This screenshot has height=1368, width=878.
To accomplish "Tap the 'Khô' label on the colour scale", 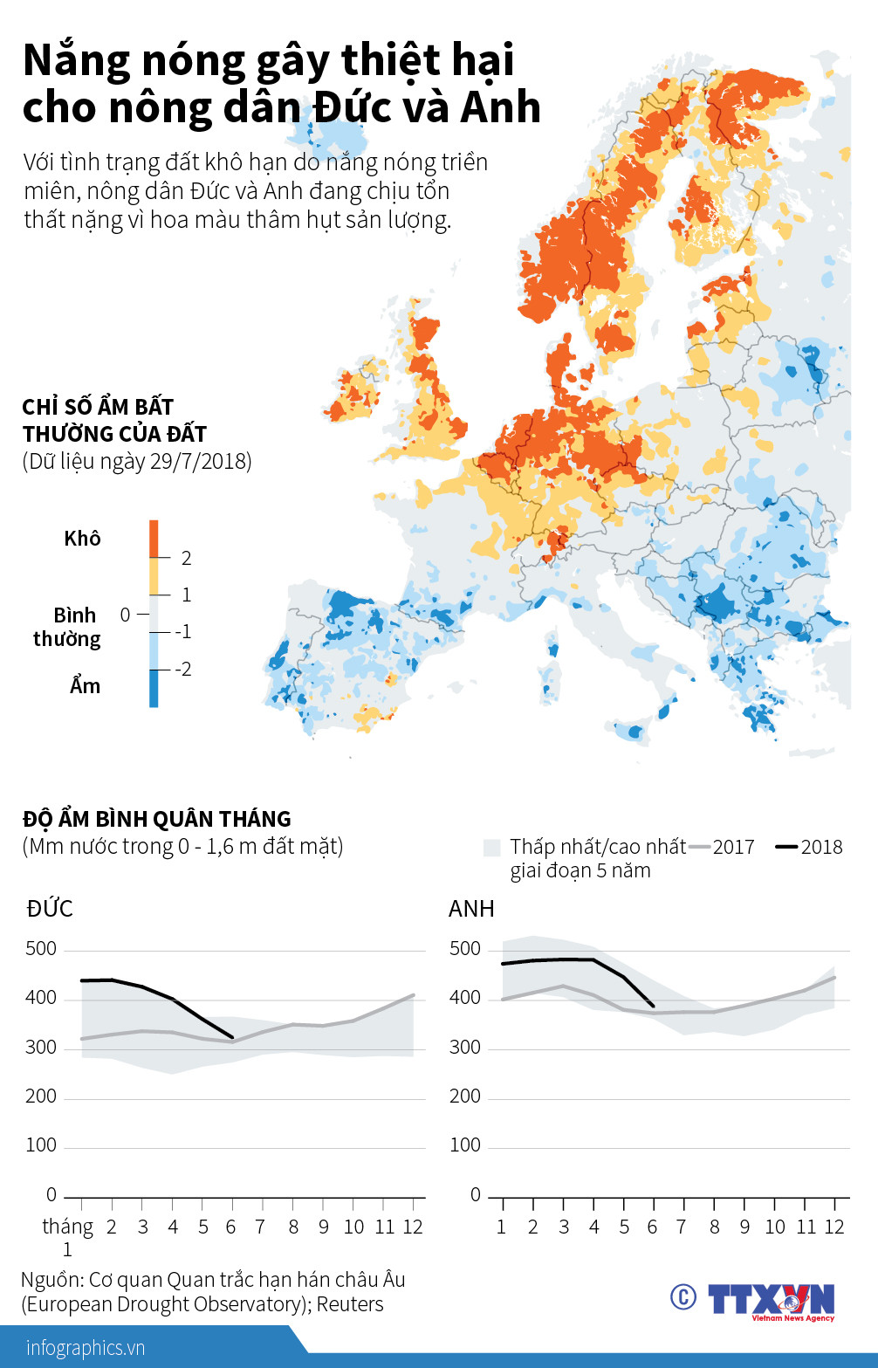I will [x=82, y=539].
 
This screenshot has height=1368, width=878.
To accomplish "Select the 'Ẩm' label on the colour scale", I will [x=85, y=686].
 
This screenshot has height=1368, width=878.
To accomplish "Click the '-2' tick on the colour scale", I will [x=182, y=670].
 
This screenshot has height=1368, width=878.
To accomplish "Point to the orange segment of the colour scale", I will [x=154, y=539].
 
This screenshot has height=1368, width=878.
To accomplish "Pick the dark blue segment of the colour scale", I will [x=154, y=688].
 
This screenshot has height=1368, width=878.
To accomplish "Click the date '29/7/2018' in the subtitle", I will [x=200, y=462].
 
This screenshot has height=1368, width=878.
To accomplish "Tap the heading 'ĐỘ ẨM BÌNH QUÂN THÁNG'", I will [x=157, y=819].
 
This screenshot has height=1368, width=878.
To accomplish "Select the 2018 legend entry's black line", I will [x=787, y=847].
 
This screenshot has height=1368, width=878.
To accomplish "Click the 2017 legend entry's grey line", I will [x=700, y=847].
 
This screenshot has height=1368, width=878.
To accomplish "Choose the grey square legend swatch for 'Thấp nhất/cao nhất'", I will [x=491, y=848].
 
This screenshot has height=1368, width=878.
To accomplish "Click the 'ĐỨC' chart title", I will [x=50, y=909].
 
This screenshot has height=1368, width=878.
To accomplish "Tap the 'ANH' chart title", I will [x=471, y=909].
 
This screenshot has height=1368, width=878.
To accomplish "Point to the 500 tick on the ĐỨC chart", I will [x=41, y=949].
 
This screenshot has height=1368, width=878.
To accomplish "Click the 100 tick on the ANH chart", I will [x=464, y=1145].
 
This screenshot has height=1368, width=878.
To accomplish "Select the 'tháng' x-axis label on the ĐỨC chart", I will [x=67, y=1227].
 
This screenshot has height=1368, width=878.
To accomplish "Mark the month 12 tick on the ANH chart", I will [x=834, y=1227].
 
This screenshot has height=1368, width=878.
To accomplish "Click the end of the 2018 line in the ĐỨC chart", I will [x=232, y=1038].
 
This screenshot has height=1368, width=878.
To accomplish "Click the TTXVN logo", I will [x=772, y=1299].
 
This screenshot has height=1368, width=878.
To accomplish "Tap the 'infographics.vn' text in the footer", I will [x=86, y=1348].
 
